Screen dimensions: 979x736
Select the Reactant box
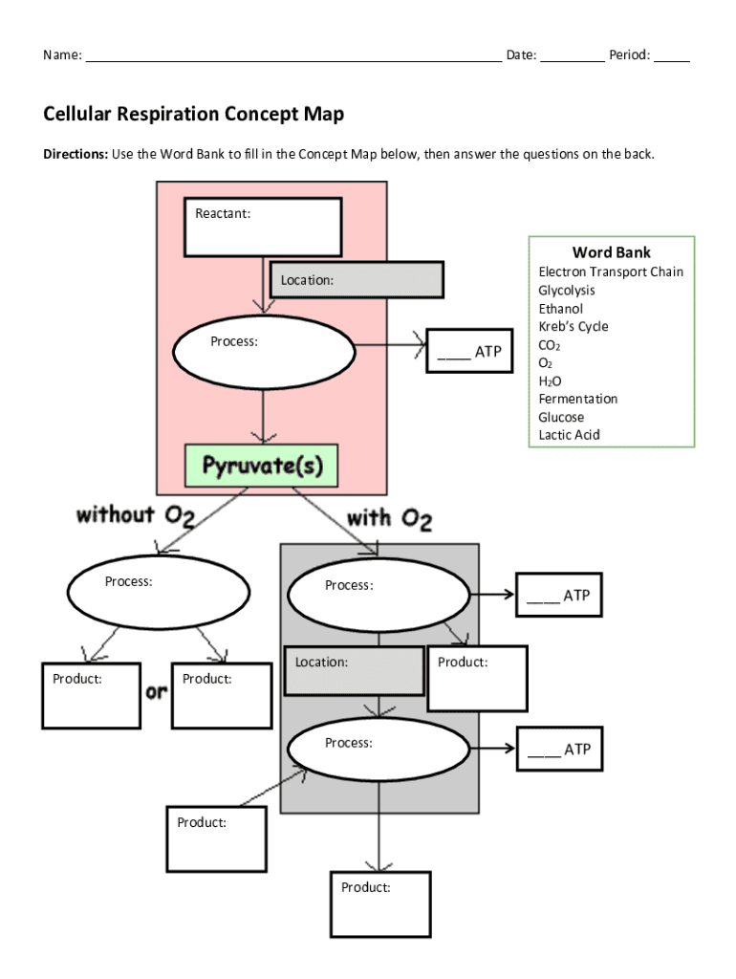tap(263, 228)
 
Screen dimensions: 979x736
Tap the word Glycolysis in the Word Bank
tap(567, 290)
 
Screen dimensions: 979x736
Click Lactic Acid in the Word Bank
tap(570, 435)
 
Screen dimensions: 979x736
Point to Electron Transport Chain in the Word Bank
tap(611, 272)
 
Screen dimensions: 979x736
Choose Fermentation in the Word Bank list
tap(578, 399)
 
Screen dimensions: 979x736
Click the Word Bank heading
tap(612, 252)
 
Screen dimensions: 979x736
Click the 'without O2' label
tap(136, 516)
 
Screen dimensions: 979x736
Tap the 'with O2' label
tap(389, 519)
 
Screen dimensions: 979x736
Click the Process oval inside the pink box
tap(263, 350)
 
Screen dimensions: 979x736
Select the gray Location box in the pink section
tap(357, 280)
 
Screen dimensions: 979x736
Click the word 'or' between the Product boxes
tap(156, 691)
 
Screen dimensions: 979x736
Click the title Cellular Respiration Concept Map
tap(193, 115)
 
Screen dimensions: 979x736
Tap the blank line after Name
tap(293, 56)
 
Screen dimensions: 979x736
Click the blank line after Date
tap(573, 56)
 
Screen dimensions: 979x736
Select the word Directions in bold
tap(75, 154)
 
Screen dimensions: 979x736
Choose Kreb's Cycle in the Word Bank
tap(574, 326)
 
